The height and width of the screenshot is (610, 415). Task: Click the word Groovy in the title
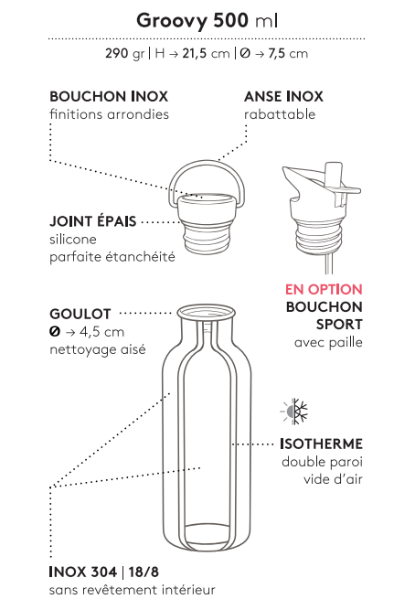click(x=172, y=21)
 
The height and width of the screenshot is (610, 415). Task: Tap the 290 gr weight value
click(x=124, y=53)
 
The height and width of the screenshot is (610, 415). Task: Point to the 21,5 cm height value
click(x=206, y=53)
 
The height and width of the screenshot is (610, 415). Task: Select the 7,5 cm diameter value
click(x=288, y=53)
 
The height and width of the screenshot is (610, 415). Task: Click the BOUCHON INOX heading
click(x=109, y=96)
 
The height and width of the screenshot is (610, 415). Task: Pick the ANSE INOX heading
click(x=283, y=96)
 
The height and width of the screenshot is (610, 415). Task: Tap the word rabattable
click(x=280, y=114)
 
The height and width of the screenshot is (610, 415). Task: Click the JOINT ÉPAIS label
click(x=93, y=221)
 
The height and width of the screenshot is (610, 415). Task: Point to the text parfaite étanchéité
click(x=112, y=257)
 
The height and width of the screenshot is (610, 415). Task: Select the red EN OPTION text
click(x=324, y=289)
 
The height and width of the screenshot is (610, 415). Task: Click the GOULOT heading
click(x=80, y=314)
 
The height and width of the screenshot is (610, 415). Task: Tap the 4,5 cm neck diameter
click(x=101, y=332)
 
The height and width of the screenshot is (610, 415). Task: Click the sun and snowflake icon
click(x=294, y=411)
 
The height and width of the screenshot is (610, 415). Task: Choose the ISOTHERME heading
click(x=321, y=444)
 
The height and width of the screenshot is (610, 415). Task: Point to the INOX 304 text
click(x=83, y=573)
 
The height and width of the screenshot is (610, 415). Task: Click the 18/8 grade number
click(x=144, y=573)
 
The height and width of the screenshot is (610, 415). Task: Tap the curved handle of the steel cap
click(x=207, y=163)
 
